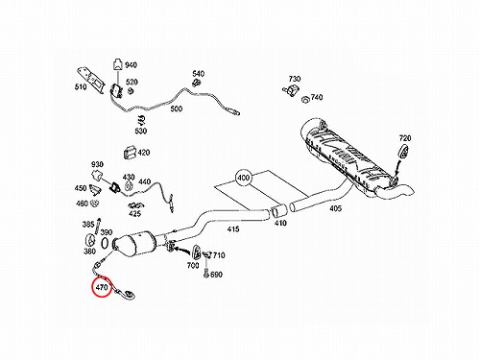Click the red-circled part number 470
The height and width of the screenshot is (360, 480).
point(102,287)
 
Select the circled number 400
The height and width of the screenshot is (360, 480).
point(244,178)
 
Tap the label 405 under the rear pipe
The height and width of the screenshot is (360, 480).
point(335,208)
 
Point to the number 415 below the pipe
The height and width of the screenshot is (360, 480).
point(233,229)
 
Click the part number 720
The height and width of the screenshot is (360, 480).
point(405,138)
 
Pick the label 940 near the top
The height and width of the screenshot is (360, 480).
point(131,65)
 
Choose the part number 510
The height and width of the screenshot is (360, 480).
point(81,86)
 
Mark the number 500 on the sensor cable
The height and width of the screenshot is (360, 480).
point(177,108)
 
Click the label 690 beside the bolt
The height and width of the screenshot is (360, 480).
point(216,275)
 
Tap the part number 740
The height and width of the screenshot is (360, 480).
point(317,97)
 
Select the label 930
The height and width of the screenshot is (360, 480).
point(97,164)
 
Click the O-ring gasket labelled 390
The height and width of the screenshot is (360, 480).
point(105,242)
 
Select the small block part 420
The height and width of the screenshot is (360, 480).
point(130,152)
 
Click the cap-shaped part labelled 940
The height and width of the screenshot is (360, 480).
point(118,64)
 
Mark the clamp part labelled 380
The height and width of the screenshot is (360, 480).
point(91,241)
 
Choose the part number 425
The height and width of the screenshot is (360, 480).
point(134,213)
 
